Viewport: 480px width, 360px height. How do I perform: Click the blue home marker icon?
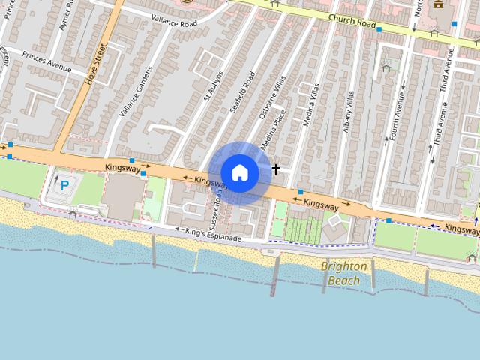[x=239, y=173]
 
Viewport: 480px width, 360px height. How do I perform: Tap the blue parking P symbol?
[x=65, y=184]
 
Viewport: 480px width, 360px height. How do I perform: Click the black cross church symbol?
[x=276, y=169]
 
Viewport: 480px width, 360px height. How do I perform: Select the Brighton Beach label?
[x=344, y=273]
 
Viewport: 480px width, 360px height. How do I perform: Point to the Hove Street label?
[x=97, y=64]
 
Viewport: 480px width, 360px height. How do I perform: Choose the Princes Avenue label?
[x=46, y=61]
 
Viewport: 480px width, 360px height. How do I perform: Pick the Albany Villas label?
[x=348, y=112]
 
